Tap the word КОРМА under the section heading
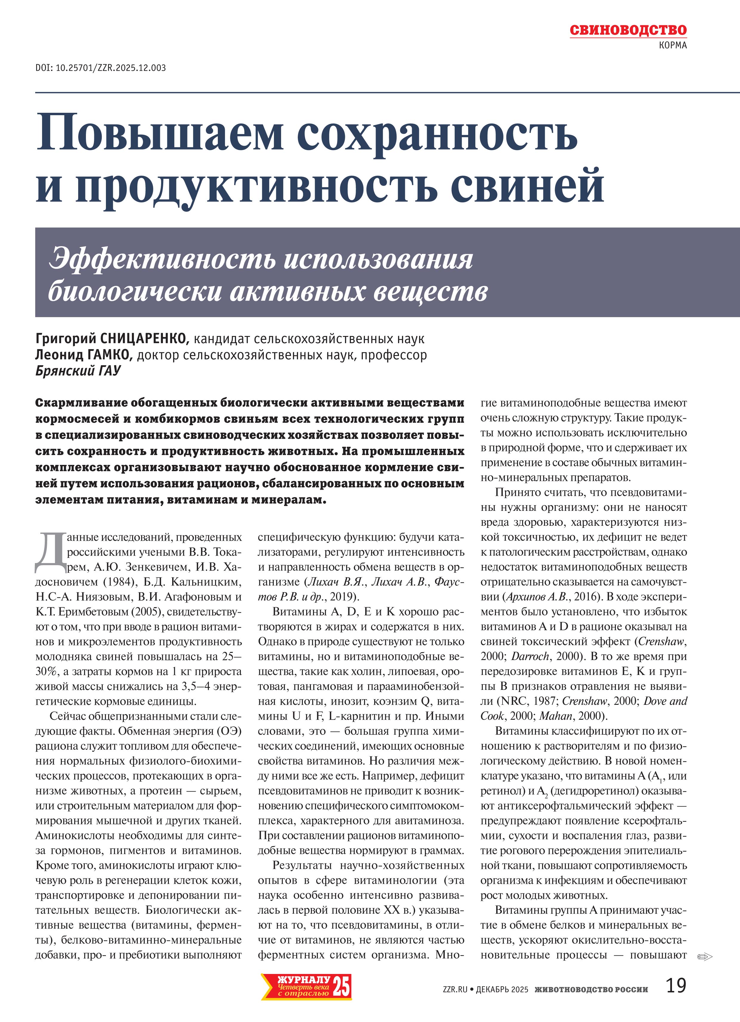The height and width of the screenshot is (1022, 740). coord(672,46)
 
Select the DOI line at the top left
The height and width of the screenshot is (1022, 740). coord(101,68)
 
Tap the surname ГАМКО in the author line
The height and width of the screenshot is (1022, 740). coord(108,355)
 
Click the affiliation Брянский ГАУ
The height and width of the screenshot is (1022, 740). coord(78,371)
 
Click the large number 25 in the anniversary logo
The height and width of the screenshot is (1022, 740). coord(341,986)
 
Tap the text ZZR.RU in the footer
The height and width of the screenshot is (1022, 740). coord(455,989)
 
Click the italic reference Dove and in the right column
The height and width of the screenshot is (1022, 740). coord(665,701)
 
